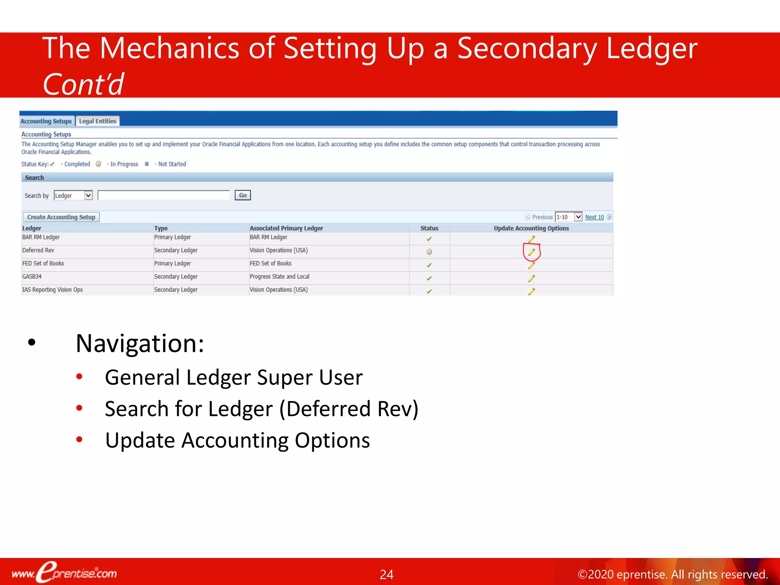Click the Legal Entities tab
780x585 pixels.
coord(97,121)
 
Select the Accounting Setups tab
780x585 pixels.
coord(46,121)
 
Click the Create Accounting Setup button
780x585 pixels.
coord(61,217)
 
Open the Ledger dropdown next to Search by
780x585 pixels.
coord(74,195)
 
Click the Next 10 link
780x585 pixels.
coord(594,217)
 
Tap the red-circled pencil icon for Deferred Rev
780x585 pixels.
coord(531,252)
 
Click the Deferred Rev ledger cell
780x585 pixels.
coord(38,250)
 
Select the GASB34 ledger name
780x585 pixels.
coord(32,277)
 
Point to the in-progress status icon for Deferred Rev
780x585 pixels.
coord(429,252)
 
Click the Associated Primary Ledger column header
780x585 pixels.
coord(286,228)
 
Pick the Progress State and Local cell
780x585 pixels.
coord(279,277)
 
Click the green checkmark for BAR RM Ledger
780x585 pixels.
coord(429,239)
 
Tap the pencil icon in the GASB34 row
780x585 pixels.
coord(531,278)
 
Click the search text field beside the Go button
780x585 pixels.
coord(164,195)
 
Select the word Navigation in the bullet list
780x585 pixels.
coord(139,344)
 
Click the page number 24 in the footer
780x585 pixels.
coord(386,574)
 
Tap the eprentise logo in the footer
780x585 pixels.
coord(65,572)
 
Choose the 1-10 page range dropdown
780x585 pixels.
coord(568,217)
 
